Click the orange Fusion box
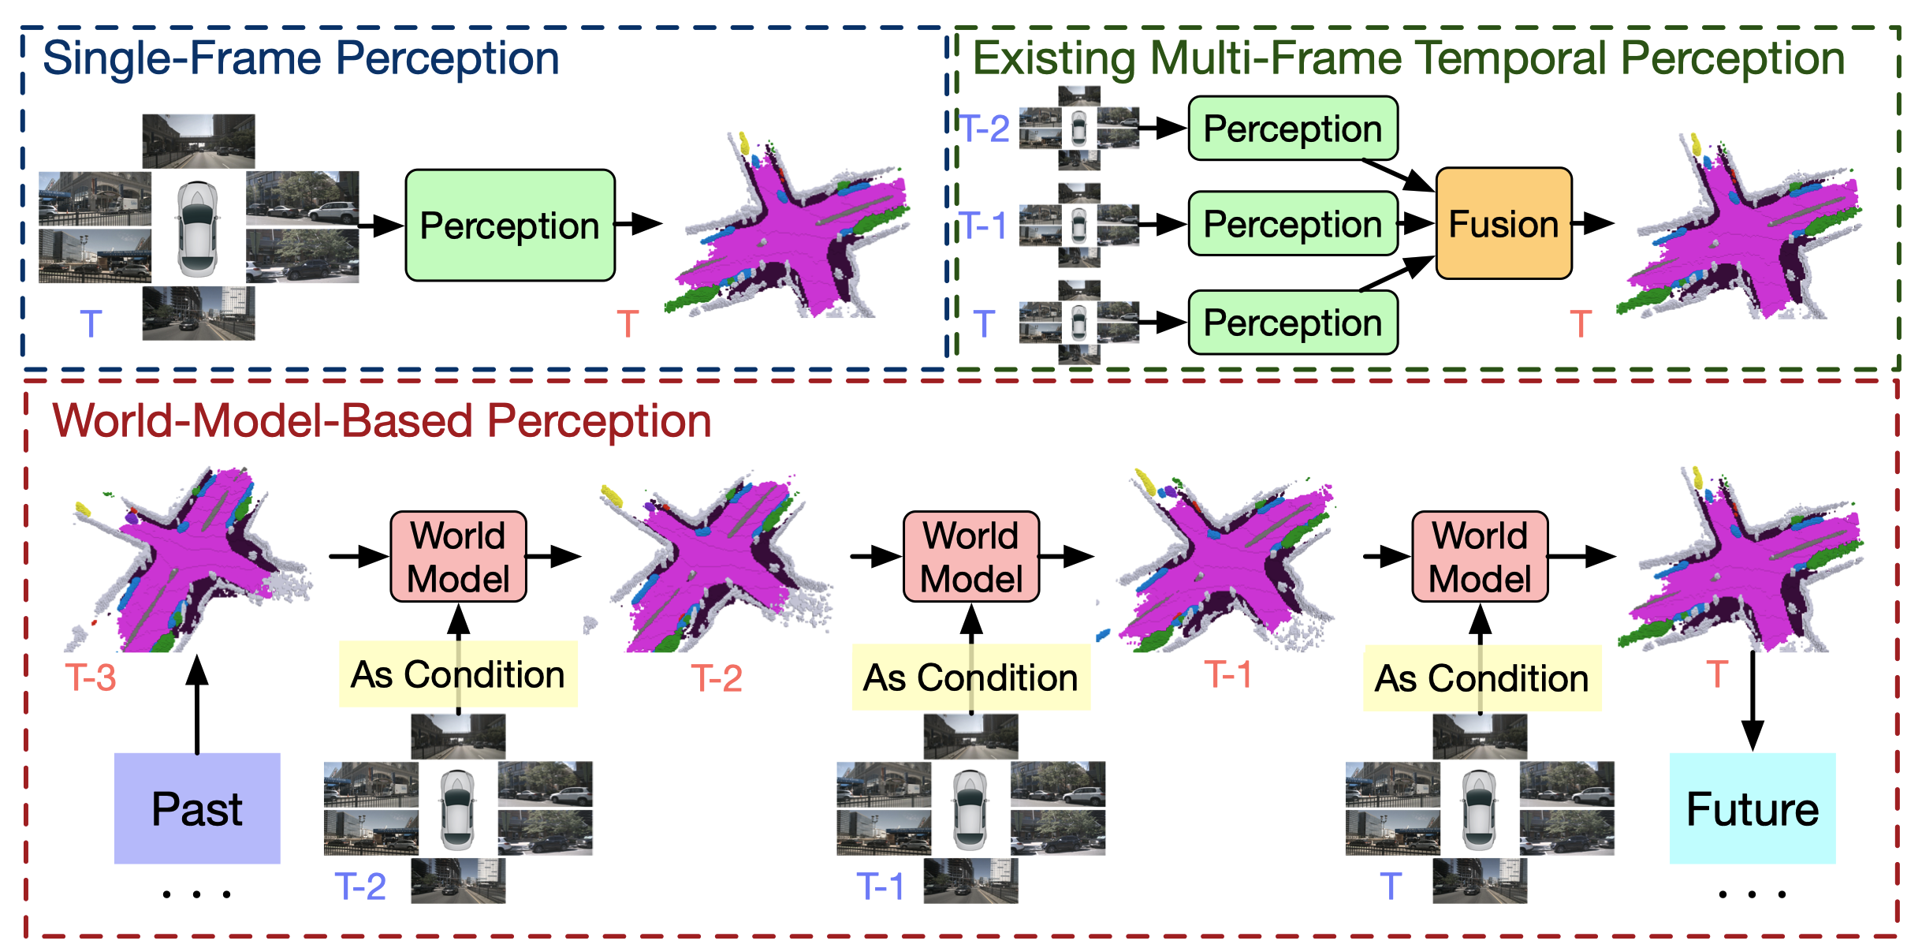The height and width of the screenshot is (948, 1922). coord(1503,223)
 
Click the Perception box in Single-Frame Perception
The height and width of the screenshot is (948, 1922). coord(509,226)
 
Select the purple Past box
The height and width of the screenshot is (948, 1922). coord(197,808)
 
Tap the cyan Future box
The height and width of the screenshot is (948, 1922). coord(1752,808)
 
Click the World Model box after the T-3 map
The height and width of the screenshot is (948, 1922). coord(458,557)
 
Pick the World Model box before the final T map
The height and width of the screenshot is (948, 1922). coord(1480,557)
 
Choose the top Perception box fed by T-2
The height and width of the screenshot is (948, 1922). coord(1293,129)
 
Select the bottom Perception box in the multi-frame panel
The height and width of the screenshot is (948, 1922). coord(1293,323)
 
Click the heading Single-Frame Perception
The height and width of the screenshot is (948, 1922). coord(300,58)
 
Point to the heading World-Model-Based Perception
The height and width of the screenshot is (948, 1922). coord(382,420)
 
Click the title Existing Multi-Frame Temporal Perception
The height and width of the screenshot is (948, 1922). coord(1408,58)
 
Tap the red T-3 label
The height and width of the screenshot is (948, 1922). coord(91,677)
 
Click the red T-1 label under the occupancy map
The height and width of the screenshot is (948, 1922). coord(1227,675)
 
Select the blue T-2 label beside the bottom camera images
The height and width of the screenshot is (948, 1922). coord(359,886)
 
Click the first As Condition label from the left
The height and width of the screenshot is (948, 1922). coord(458,675)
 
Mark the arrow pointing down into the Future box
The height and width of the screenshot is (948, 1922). coord(1752,702)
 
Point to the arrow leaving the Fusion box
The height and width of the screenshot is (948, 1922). coord(1592,223)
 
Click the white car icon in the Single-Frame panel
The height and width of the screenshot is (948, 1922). coord(197,229)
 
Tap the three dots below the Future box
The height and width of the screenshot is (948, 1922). coord(1752,894)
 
